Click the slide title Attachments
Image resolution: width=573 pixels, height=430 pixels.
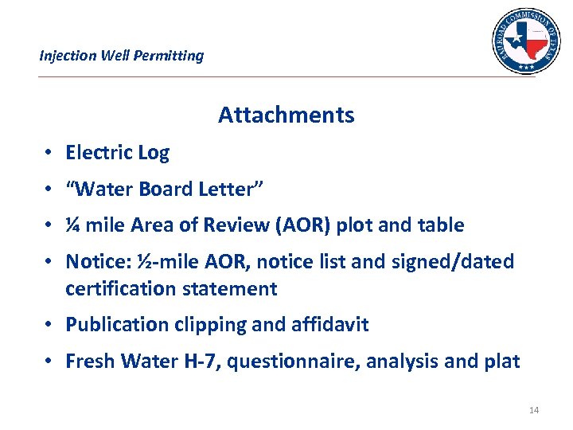click(286, 115)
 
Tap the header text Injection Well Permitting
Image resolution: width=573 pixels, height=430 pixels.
click(122, 56)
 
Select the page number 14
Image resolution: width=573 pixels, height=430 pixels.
click(534, 410)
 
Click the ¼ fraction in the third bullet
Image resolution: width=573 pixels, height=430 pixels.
click(73, 225)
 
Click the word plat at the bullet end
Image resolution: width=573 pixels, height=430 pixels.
click(501, 362)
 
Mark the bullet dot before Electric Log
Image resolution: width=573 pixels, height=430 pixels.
click(49, 153)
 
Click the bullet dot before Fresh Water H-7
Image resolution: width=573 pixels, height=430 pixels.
click(49, 362)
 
